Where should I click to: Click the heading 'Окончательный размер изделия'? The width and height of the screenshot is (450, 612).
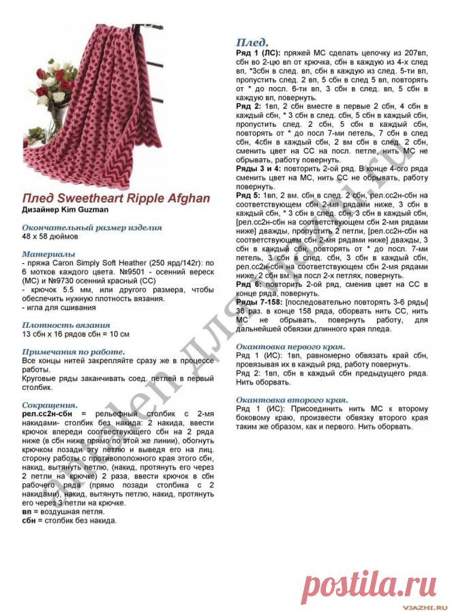pyautogui.click(x=91, y=227)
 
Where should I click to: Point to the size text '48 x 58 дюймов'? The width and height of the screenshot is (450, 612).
pyautogui.click(x=50, y=236)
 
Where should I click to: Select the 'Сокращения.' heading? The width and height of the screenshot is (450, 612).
pyautogui.click(x=50, y=403)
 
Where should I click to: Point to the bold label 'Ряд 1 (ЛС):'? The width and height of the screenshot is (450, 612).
pyautogui.click(x=258, y=52)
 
